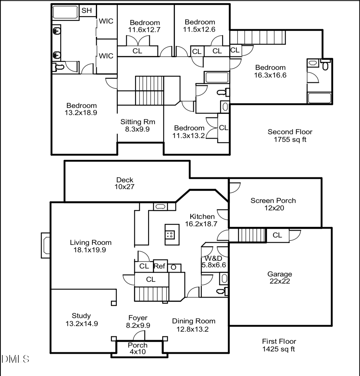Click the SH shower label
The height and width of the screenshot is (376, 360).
(x=86, y=10)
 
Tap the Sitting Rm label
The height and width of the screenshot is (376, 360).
(x=138, y=122)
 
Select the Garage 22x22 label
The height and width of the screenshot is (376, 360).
(x=280, y=278)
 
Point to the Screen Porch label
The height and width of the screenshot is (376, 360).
(x=273, y=201)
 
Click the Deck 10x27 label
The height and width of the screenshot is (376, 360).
(x=125, y=183)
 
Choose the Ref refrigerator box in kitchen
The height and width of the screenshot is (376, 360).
(x=160, y=266)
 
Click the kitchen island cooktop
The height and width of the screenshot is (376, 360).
(x=170, y=235)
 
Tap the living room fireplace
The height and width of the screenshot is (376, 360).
(x=45, y=245)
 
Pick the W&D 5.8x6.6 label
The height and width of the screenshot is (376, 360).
(x=214, y=261)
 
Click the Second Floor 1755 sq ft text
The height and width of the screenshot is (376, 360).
(x=290, y=136)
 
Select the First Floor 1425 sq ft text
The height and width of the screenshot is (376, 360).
(x=279, y=345)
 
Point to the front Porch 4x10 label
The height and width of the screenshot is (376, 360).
(x=138, y=348)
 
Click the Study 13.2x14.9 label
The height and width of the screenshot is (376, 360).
(x=82, y=320)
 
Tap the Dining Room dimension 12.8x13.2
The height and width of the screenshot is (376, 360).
(x=193, y=329)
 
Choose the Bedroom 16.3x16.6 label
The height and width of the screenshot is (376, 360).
(x=270, y=71)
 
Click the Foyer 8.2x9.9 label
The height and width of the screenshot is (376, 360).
(x=138, y=321)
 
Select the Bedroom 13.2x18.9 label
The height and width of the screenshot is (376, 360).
(x=81, y=109)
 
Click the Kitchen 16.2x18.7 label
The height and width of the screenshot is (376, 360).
(x=201, y=220)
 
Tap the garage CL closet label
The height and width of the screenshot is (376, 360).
(x=277, y=235)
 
